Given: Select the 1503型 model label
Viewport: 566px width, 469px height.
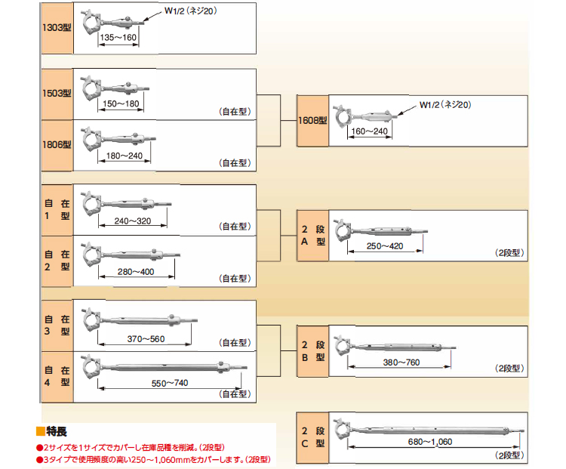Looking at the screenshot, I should click(57, 94).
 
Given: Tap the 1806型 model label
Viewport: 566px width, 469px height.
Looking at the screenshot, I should click(57, 144).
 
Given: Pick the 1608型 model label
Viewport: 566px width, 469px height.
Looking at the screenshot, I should click(312, 120).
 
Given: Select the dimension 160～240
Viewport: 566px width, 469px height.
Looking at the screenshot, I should click(370, 131).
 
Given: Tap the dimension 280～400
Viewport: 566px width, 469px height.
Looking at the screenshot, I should click(136, 271).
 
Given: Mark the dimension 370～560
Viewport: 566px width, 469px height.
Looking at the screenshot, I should click(146, 339).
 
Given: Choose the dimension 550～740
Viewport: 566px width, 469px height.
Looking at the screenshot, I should click(170, 384).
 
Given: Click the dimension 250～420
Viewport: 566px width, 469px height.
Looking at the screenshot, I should click(383, 247).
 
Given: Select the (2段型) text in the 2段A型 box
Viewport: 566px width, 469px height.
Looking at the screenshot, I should click(509, 253).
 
